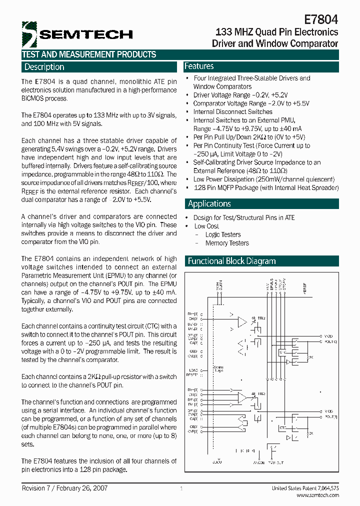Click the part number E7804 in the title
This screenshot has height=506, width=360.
tap(321, 19)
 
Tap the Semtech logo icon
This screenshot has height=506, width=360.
tap(30, 33)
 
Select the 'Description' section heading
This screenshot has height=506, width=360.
tap(44, 67)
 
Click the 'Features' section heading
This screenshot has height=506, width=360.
tap(199, 66)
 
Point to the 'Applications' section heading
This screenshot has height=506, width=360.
tap(209, 203)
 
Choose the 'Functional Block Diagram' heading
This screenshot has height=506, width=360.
tap(231, 261)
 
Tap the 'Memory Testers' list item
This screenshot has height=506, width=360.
tap(227, 243)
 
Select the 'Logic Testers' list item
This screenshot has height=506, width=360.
tap(223, 234)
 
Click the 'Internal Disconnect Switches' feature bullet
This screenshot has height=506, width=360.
tap(232, 112)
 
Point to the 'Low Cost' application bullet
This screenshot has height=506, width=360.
tap(206, 226)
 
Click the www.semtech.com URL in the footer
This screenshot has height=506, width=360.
tap(317, 495)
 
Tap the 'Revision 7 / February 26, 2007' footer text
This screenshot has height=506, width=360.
tap(64, 488)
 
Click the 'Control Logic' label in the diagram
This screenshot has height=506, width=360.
tap(218, 368)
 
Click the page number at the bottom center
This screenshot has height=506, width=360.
tap(181, 488)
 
